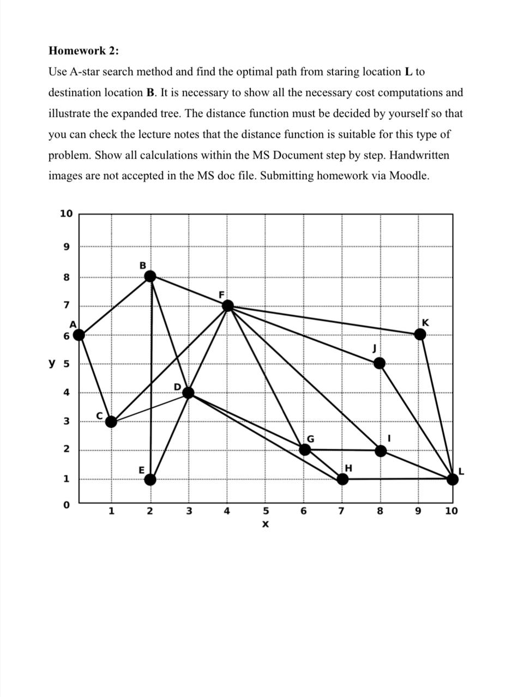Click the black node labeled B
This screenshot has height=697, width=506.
point(150,276)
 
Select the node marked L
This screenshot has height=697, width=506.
point(452,479)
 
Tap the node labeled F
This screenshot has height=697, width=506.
point(228,305)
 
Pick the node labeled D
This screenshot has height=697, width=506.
point(189,393)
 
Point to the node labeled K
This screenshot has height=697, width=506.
point(420,334)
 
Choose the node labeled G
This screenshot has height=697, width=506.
point(305,450)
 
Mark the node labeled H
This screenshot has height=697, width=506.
point(342,479)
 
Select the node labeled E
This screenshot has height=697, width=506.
point(150,479)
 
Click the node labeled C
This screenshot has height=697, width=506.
point(111,421)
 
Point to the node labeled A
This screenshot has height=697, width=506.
point(79,335)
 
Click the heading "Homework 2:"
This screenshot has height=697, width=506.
point(83,51)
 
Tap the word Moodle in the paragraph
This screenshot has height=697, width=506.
point(408,176)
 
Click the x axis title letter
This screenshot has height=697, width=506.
point(266,524)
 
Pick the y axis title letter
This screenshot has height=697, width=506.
point(52,363)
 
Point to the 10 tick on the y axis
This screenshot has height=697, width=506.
point(66,213)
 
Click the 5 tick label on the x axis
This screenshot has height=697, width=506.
point(266,511)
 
